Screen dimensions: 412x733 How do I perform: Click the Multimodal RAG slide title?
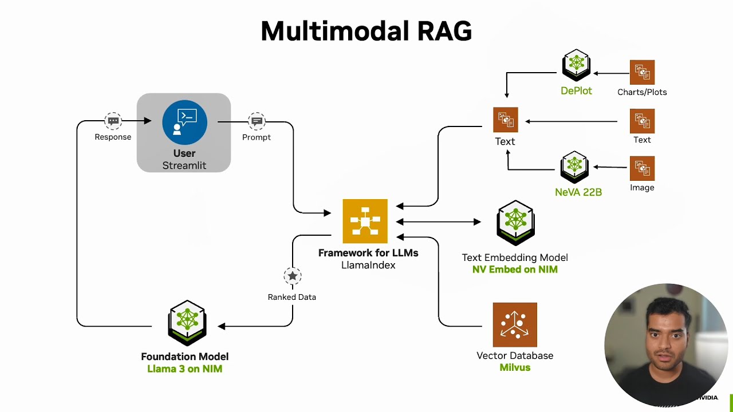click(x=366, y=31)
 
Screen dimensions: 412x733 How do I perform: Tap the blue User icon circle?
click(x=184, y=122)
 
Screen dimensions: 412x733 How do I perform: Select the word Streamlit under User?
click(x=184, y=165)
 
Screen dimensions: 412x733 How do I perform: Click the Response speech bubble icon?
click(x=113, y=121)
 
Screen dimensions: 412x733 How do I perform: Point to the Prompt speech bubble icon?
click(x=257, y=121)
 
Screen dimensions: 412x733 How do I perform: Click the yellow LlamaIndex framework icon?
click(x=365, y=221)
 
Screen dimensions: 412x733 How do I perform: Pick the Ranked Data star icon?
click(x=293, y=276)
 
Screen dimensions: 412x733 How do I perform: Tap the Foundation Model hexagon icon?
click(x=187, y=323)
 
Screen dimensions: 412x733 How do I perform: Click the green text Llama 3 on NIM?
click(x=184, y=369)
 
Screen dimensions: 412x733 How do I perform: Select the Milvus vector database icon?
click(x=515, y=324)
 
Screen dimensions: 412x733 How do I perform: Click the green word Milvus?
click(x=515, y=367)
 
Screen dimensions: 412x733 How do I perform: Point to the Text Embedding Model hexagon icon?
click(x=515, y=223)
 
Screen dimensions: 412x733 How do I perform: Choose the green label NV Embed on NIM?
click(x=515, y=270)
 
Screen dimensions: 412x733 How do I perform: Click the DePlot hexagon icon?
click(x=576, y=66)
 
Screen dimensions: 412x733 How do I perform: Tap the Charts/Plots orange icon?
click(x=642, y=72)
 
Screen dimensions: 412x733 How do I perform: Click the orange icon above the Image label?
click(x=642, y=168)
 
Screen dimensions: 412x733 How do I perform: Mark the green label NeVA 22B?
click(x=578, y=192)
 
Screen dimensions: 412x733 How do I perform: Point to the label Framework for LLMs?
click(x=368, y=253)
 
